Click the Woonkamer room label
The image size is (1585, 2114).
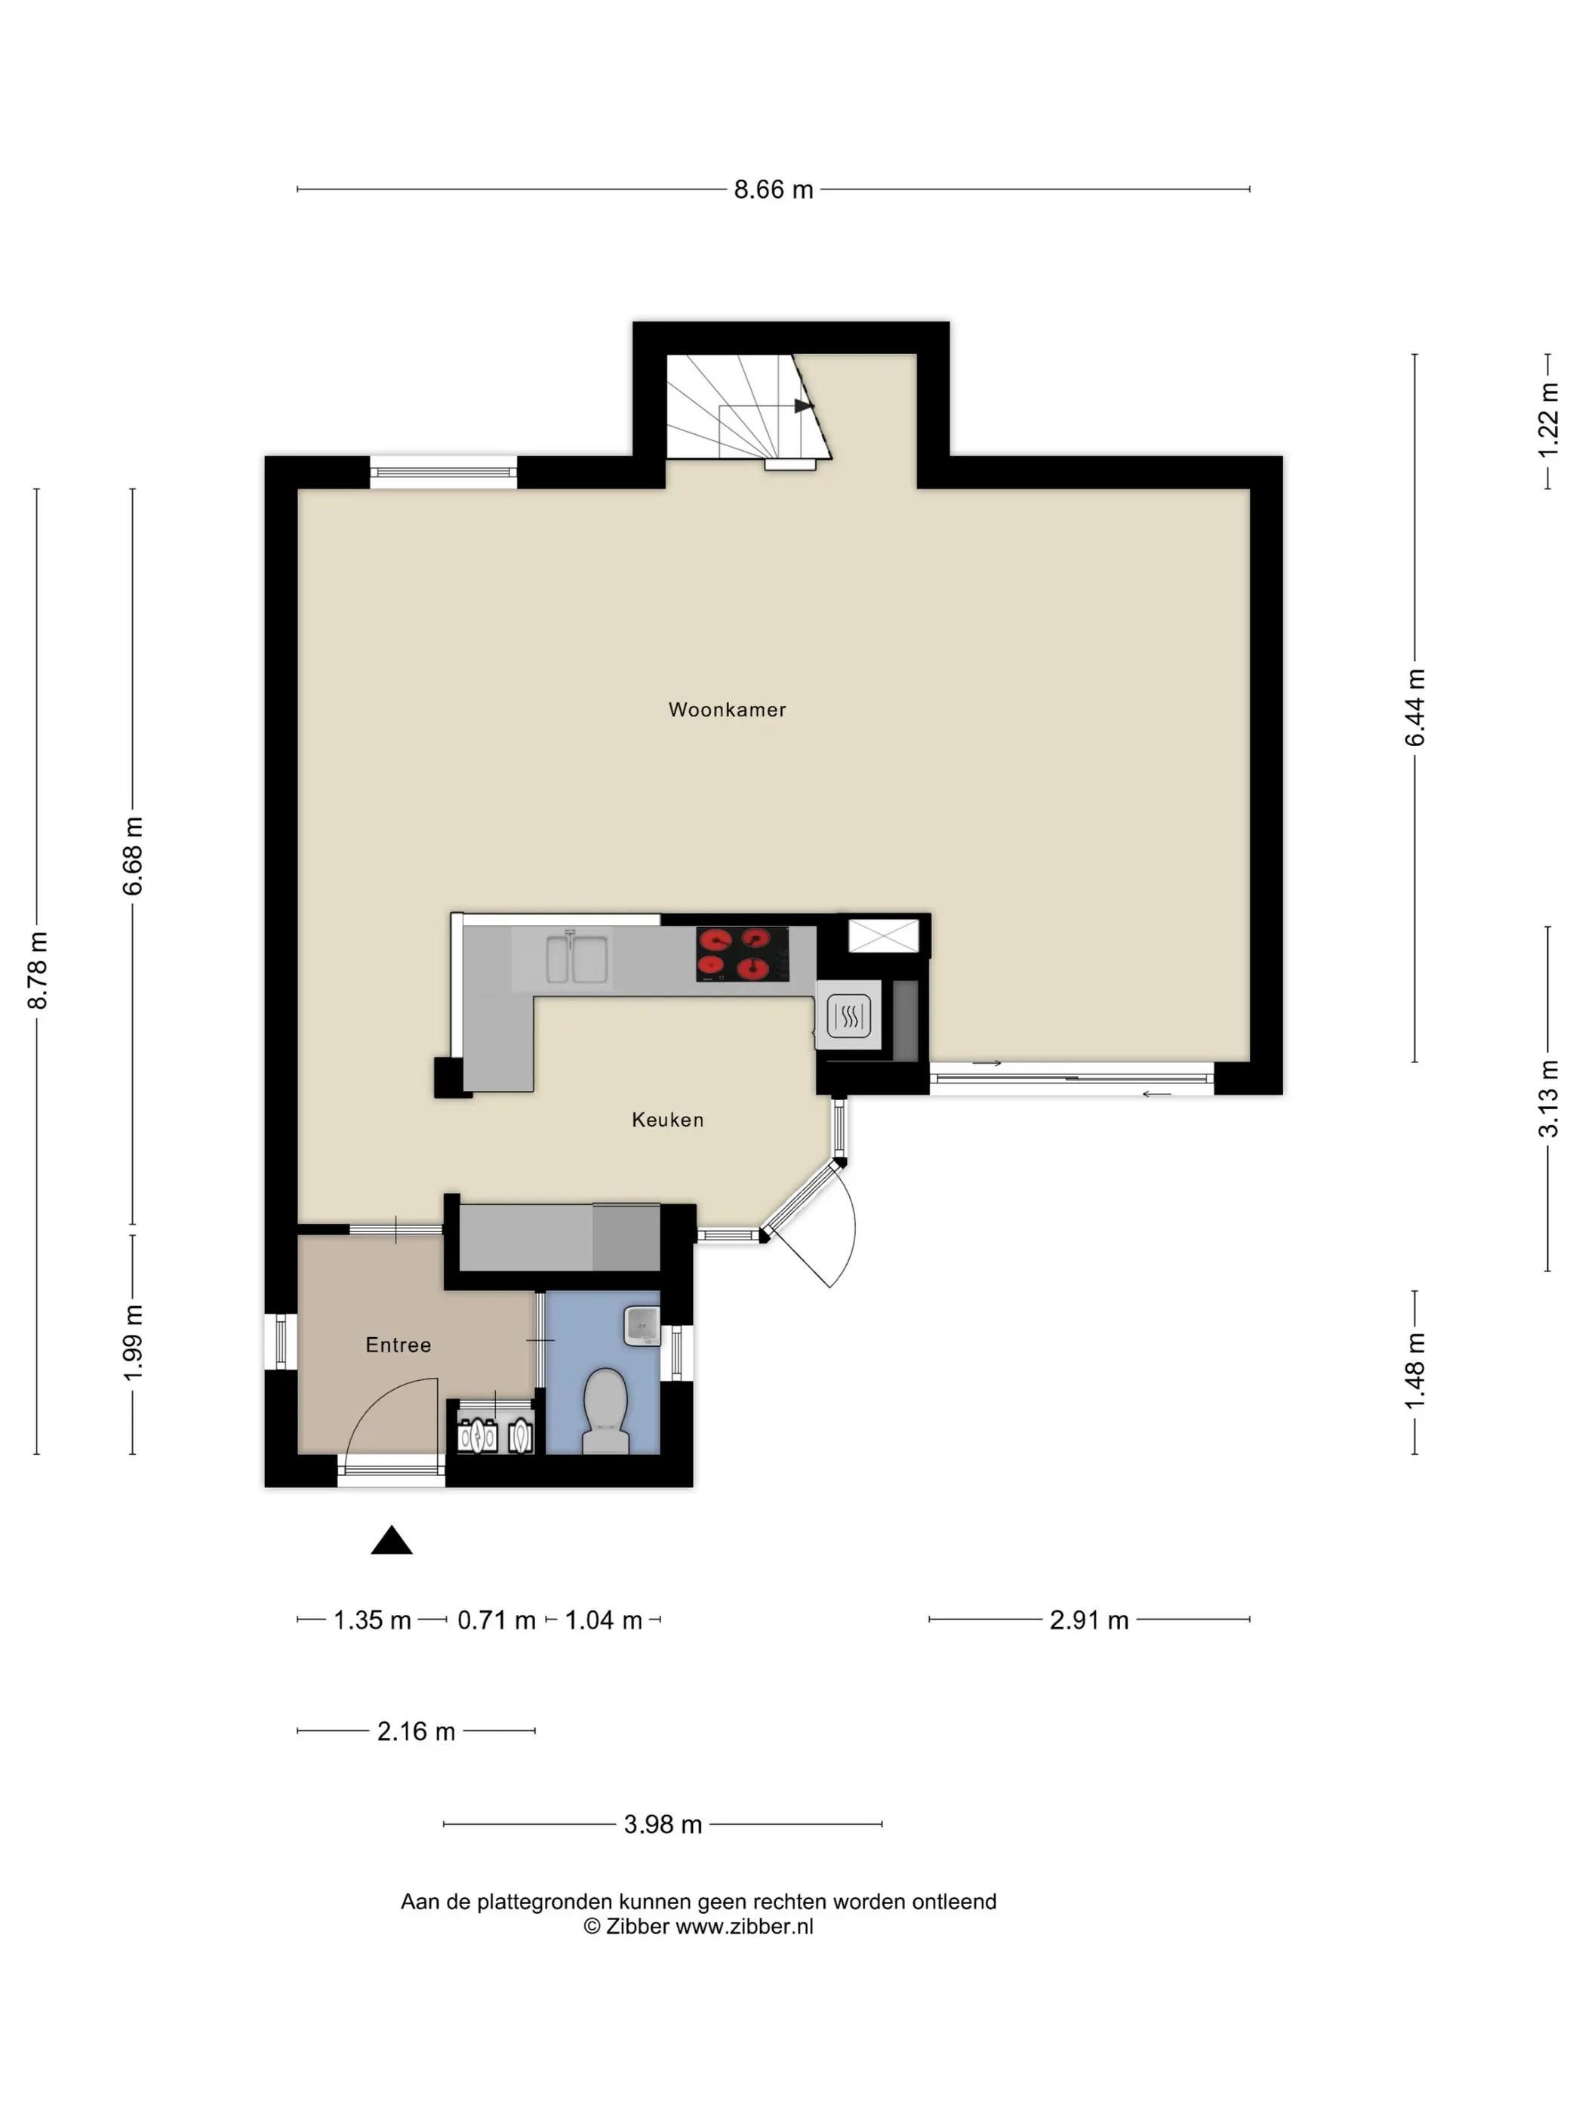[x=727, y=709]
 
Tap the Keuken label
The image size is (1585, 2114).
[x=668, y=1119]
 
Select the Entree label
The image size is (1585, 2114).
[x=399, y=1345]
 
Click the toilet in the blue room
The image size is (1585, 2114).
[x=605, y=1410]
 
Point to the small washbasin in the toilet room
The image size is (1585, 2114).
[x=642, y=1327]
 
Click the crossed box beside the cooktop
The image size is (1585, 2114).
[x=884, y=935]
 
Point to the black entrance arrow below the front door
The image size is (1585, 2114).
[x=392, y=1541]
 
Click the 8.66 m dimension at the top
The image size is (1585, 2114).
[x=773, y=190]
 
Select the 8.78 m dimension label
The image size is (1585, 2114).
[x=37, y=970]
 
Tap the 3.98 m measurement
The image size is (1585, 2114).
[x=663, y=1824]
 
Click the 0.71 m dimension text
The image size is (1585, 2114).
[x=496, y=1620]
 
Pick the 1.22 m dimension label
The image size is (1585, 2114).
[x=1548, y=421]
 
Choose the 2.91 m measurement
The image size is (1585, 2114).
[x=1089, y=1620]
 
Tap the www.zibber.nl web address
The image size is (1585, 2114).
[x=744, y=1927]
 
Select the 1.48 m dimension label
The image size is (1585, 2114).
[x=1415, y=1371]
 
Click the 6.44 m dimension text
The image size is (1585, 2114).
[x=1415, y=707]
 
